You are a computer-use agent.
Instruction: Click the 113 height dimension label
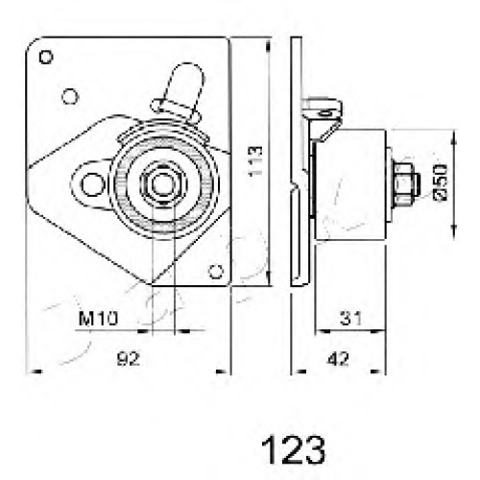pos(255,161)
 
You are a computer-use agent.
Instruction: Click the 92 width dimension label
pos(129,359)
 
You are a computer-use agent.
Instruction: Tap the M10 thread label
pos(98,318)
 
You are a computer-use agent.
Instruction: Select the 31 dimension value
pos(350,318)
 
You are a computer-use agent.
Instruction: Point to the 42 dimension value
pos(338,359)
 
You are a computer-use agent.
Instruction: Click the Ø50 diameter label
pos(440,182)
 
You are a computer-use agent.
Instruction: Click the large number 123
pos(293,449)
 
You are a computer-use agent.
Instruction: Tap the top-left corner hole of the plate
pos(46,58)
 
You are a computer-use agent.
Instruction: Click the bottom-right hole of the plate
pos(216,272)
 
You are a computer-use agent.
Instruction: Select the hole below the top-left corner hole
pos(70,96)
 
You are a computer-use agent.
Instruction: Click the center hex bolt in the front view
pos(163,184)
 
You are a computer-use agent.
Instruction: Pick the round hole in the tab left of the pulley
pos(92,184)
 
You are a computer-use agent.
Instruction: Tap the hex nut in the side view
pos(405,184)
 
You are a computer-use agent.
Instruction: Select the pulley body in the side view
pos(350,184)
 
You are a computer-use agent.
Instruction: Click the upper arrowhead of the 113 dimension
pos(268,46)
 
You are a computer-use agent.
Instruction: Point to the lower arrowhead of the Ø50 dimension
pos(454,231)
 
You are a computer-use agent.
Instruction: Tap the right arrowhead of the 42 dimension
pos(377,372)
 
